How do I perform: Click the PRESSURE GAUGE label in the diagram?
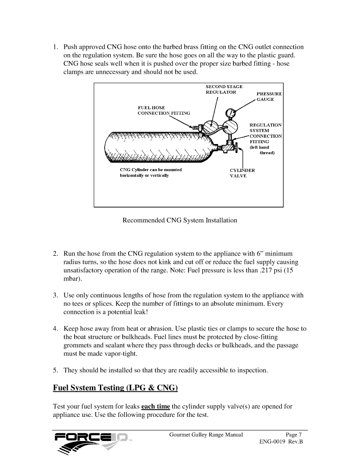pyautogui.click(x=269, y=96)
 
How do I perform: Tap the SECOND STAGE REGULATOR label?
pyautogui.click(x=224, y=89)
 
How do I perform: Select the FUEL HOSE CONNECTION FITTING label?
pyautogui.click(x=163, y=111)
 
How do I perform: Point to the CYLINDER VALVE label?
pyautogui.click(x=242, y=173)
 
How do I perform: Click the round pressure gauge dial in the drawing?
pyautogui.click(x=231, y=114)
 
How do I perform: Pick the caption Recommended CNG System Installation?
pyautogui.click(x=180, y=220)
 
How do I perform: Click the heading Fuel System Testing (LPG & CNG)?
pyautogui.click(x=115, y=388)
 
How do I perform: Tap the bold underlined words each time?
pyautogui.click(x=155, y=407)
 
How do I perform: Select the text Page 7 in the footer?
pyautogui.click(x=294, y=435)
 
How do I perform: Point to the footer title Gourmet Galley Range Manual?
pyautogui.click(x=206, y=435)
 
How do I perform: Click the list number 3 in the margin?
pyautogui.click(x=55, y=295)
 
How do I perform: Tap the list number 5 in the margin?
pyautogui.click(x=55, y=370)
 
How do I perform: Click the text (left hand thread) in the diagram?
pyautogui.click(x=262, y=150)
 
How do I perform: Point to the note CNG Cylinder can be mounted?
pyautogui.click(x=151, y=170)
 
